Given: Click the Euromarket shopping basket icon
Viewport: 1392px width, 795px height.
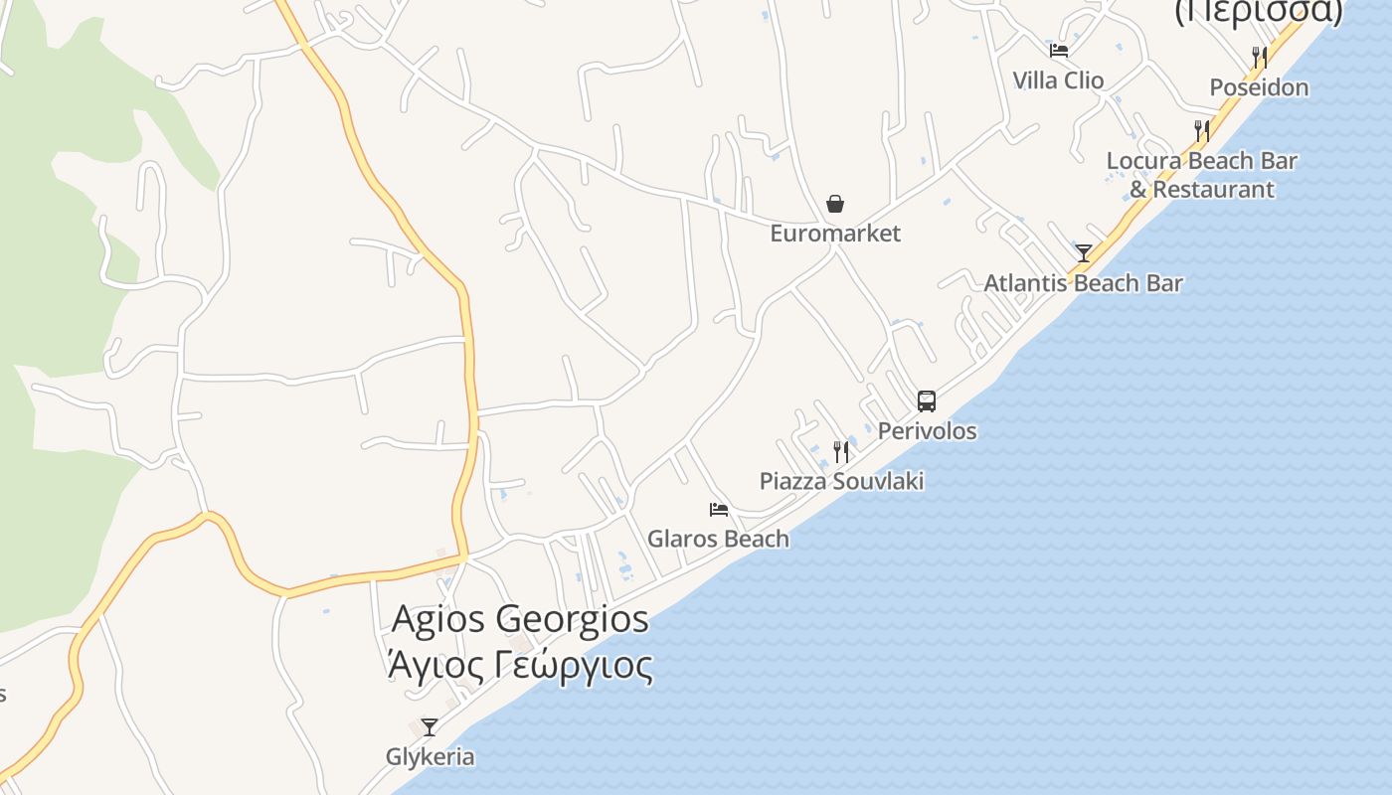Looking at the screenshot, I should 835,204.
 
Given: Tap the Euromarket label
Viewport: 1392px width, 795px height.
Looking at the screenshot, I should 835,234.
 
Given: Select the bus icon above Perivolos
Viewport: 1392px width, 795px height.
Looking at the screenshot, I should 927,401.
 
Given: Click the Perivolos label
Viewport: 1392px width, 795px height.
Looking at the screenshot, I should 927,431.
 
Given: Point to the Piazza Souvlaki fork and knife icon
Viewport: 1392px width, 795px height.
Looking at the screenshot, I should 841,452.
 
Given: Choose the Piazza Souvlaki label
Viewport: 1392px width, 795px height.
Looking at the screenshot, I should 841,482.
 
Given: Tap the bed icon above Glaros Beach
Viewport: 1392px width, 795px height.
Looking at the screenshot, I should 719,510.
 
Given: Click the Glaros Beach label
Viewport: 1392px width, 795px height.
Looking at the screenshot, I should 718,540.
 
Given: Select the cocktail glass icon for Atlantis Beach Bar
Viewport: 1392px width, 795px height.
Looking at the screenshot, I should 1084,253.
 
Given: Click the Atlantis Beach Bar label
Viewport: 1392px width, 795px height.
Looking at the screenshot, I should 1083,283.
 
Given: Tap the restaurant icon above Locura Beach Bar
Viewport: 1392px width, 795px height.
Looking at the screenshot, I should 1202,130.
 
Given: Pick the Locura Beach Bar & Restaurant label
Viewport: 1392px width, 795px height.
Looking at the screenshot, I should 1201,175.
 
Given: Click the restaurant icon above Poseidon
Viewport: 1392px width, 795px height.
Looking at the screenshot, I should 1260,57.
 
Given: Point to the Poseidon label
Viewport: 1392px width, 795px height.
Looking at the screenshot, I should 1259,87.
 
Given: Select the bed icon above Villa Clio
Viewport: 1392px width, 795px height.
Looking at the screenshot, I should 1059,50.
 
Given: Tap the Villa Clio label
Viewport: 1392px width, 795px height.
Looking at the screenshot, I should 1058,80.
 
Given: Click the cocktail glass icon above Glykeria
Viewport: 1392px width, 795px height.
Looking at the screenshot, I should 430,727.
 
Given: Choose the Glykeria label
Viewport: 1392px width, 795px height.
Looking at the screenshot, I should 430,757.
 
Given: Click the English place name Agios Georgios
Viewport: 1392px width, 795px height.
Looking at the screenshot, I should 520,619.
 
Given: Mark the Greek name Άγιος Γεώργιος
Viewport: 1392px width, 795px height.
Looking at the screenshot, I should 520,665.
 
